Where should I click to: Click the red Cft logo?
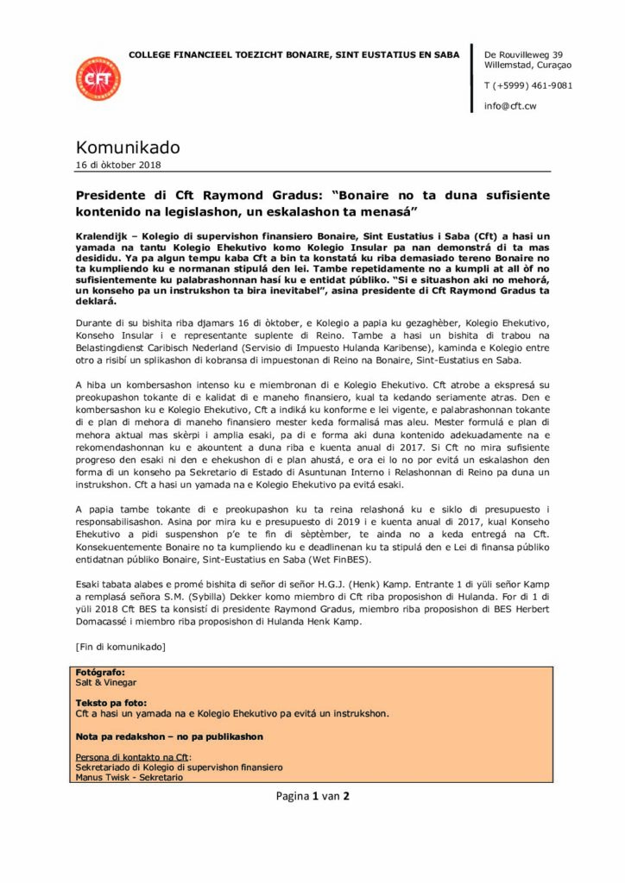(x=98, y=79)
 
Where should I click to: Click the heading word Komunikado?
(x=128, y=147)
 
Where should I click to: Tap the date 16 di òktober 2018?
(x=118, y=165)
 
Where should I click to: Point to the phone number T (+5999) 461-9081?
(x=528, y=85)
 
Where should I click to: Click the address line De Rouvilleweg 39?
(x=523, y=54)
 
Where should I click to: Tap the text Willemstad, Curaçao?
(x=523, y=65)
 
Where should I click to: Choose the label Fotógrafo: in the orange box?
(x=100, y=672)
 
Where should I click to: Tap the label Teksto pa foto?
(x=111, y=703)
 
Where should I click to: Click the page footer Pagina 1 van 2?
(x=312, y=796)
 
